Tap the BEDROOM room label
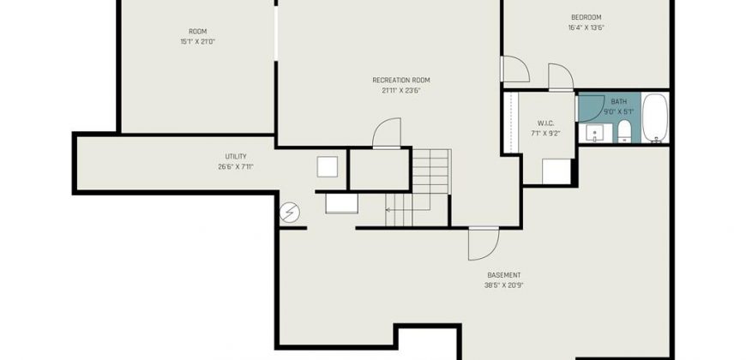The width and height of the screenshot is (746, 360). [x=586, y=18]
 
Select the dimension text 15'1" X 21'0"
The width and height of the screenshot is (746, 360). [x=198, y=42]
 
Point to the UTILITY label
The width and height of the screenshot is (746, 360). [x=236, y=157]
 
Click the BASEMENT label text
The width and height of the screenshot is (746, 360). [x=504, y=275]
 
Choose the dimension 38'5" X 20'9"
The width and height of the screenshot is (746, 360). [x=504, y=285]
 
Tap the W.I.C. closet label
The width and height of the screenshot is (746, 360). [x=545, y=123]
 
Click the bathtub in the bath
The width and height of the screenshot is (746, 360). [x=655, y=118]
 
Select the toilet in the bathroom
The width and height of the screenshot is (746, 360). [x=623, y=131]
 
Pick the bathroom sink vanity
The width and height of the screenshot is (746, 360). [x=595, y=133]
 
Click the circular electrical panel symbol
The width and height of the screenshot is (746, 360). [x=289, y=213]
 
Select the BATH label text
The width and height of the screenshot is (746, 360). [x=619, y=102]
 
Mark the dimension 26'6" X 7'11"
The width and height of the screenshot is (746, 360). [x=236, y=167]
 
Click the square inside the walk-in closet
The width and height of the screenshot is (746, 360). [x=556, y=171]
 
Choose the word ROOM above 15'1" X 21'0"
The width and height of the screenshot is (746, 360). [x=198, y=32]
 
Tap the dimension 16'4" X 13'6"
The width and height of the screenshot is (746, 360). [x=586, y=27]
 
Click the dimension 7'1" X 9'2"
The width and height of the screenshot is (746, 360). [x=545, y=134]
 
